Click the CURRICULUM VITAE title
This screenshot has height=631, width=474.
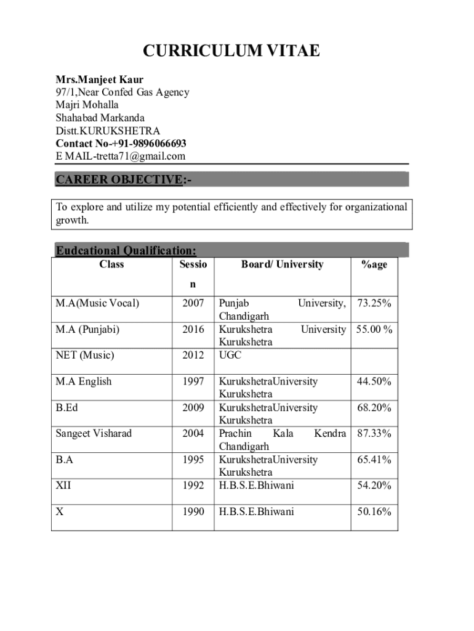[x=231, y=51]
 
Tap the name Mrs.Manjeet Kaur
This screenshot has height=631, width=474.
[x=99, y=79]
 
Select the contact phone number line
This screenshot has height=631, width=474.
[x=121, y=144]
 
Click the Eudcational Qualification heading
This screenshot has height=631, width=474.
[x=126, y=250]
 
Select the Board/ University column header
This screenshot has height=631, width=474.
[x=282, y=264]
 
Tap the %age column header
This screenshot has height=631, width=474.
[x=374, y=264]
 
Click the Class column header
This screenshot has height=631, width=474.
[x=111, y=264]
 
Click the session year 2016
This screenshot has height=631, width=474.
[x=193, y=330]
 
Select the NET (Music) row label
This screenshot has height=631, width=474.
[x=85, y=356]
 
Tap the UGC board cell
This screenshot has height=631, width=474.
[x=231, y=356]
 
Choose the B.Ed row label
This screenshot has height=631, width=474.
[x=66, y=407]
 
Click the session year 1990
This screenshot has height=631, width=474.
[x=193, y=511]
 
